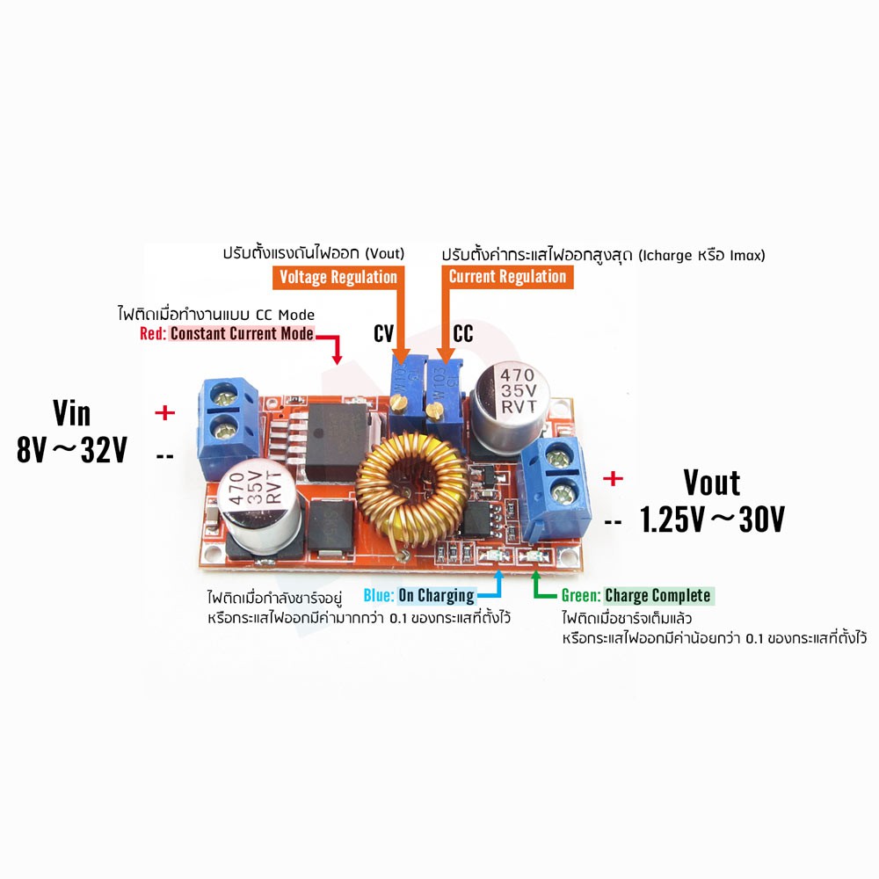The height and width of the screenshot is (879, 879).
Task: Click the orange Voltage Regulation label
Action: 338,278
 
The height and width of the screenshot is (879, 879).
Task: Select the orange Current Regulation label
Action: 507,277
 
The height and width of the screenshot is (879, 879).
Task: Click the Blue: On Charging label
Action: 419,595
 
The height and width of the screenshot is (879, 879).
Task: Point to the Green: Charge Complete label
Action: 637,595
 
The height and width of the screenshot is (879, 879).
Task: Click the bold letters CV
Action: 384,333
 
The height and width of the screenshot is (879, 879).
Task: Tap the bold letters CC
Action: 463,333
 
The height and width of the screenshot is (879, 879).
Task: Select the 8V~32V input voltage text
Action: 72,449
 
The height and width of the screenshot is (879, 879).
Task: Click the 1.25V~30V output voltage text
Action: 712,519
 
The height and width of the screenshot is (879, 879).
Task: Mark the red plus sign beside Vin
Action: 165,412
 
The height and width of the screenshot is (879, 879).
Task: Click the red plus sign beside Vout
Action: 613,478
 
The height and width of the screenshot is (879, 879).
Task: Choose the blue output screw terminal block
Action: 555,490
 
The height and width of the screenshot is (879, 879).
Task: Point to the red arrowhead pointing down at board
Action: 337,359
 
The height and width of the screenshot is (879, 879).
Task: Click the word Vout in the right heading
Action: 712,483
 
